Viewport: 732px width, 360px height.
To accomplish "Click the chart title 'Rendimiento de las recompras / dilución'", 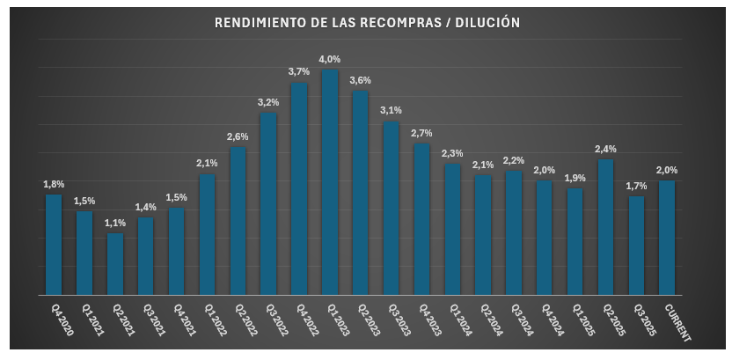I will click(x=367, y=22).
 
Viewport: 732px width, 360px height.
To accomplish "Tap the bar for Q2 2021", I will click(x=115, y=264).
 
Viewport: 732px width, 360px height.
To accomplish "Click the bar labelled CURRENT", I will click(x=667, y=238).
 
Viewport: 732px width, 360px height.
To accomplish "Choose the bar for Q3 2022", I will click(x=268, y=203).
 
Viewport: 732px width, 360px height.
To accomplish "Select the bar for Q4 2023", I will click(x=421, y=219).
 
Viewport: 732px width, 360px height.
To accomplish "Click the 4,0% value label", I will click(x=330, y=59).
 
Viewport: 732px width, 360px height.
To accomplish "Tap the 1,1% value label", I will click(x=115, y=223).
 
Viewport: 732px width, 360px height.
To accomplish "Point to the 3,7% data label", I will click(x=299, y=71).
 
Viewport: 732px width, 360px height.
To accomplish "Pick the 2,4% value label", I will click(x=605, y=148).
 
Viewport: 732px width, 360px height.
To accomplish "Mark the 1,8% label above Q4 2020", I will click(x=54, y=184).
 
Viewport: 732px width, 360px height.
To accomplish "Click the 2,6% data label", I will click(x=238, y=136).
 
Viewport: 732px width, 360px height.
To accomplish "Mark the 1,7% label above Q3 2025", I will click(x=636, y=186).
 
